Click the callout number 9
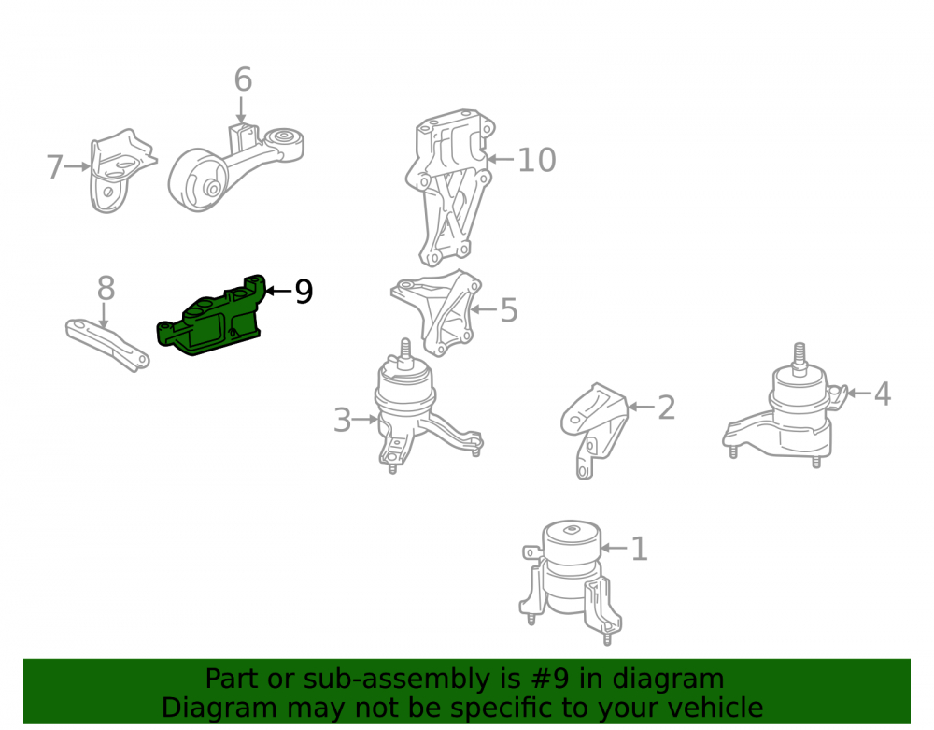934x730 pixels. click(304, 292)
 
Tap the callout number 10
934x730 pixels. click(537, 160)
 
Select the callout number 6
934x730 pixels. click(243, 79)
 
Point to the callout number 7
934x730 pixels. click(55, 167)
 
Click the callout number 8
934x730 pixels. click(106, 289)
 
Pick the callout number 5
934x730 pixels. click(509, 310)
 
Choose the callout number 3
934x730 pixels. click(342, 420)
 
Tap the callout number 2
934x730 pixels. click(666, 408)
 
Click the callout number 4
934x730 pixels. click(883, 394)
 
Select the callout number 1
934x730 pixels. click(639, 549)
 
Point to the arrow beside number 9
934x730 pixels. click(278, 291)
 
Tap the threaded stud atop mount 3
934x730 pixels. click(405, 351)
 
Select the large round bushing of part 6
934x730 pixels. click(196, 180)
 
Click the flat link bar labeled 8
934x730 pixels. click(107, 346)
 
